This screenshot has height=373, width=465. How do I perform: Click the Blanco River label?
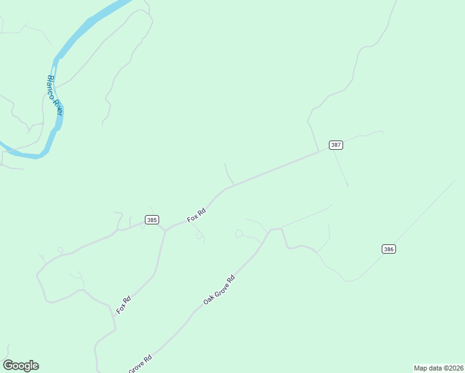(x=55, y=95)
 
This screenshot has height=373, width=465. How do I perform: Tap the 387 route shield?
(x=336, y=145)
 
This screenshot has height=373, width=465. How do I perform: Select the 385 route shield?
(x=152, y=219)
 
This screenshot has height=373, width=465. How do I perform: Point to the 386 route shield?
(x=389, y=249)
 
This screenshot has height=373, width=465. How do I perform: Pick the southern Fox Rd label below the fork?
(x=124, y=304)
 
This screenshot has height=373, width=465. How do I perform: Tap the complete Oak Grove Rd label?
(x=219, y=290)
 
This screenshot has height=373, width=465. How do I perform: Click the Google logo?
(x=21, y=366)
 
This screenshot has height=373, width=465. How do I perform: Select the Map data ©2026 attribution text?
(x=438, y=368)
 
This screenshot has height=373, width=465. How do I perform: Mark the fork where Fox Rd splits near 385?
(x=165, y=231)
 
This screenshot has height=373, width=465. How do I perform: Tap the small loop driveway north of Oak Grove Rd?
(x=238, y=234)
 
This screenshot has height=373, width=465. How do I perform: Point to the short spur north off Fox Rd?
(x=228, y=174)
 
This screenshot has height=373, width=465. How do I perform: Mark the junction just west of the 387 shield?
(x=319, y=151)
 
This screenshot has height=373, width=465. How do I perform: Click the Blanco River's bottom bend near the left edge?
(x=37, y=155)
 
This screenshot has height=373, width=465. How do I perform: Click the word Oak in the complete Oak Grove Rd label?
(x=208, y=300)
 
